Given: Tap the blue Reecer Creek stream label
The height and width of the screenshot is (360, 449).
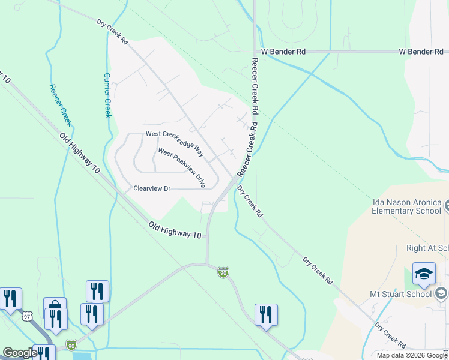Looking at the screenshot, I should tap(61, 105).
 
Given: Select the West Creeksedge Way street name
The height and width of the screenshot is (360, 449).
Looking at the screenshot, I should tap(175, 141).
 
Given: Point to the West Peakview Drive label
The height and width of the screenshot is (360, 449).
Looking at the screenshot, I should tap(181, 168).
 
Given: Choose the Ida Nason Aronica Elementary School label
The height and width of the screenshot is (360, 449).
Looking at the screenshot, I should tap(406, 206).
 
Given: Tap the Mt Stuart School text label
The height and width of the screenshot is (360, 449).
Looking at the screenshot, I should tap(402, 294).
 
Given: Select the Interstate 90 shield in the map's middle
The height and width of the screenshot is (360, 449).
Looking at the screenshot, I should tap(223, 272).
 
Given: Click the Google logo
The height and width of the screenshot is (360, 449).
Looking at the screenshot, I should tap(20, 353).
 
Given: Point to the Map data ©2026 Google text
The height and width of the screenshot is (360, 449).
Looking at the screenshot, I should tap(412, 355).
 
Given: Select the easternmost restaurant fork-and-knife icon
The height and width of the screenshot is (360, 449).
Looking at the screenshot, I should tap(266, 314).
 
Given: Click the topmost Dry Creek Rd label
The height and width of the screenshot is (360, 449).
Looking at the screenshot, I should tap(113, 32).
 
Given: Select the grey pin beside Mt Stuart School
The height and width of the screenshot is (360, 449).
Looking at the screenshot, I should tap(442, 293).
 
